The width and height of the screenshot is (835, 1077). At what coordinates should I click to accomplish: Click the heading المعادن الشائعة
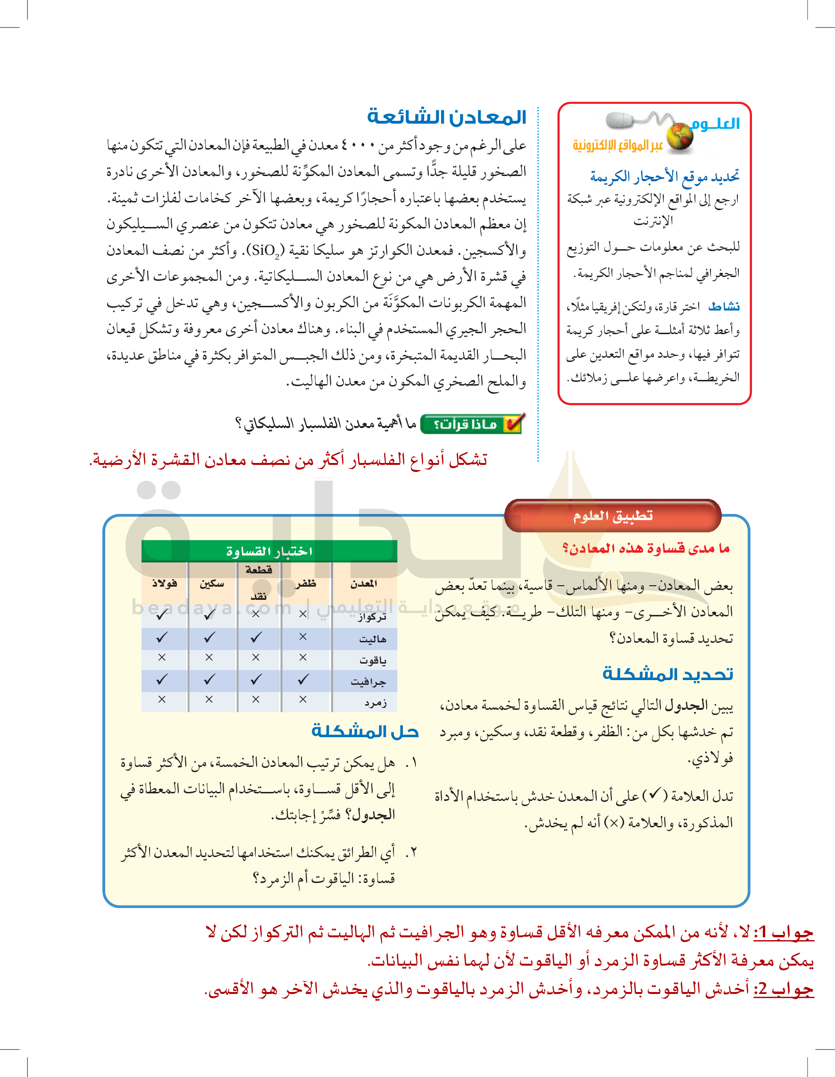447,117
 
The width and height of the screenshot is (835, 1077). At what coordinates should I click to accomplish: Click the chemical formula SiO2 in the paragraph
265,251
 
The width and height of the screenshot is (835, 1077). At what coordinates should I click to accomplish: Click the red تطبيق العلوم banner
613,516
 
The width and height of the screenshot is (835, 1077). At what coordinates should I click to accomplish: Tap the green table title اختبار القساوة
269,551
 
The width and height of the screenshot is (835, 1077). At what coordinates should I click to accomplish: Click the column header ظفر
306,583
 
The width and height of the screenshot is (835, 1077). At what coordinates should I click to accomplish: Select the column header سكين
212,583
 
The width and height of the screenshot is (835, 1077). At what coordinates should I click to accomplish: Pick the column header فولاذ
164,583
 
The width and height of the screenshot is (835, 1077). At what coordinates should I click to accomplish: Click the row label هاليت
372,639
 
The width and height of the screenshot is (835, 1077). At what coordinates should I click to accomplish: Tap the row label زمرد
375,702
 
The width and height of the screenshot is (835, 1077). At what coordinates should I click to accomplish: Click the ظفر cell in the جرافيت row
303,680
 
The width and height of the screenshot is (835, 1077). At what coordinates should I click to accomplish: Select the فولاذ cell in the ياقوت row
162,657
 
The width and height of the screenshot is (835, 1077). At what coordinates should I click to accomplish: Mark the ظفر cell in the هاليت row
303,637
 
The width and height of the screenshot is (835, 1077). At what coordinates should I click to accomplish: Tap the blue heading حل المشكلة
365,732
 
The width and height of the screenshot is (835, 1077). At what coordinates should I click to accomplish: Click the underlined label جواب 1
783,933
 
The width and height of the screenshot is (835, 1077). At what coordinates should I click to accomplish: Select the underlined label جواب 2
783,989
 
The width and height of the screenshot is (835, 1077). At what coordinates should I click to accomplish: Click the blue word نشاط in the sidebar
724,307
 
